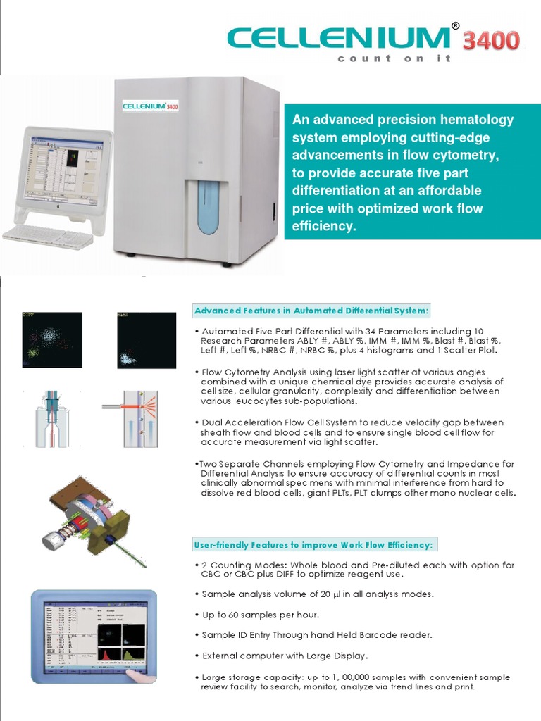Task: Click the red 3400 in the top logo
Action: click(x=491, y=41)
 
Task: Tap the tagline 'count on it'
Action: click(x=394, y=58)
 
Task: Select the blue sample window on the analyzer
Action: click(x=208, y=206)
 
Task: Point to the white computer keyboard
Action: click(x=48, y=236)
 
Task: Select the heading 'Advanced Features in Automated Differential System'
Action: click(x=311, y=311)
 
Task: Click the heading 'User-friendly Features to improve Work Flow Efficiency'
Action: click(x=313, y=545)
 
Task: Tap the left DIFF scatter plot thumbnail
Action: click(x=51, y=340)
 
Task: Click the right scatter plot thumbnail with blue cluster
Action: click(x=146, y=340)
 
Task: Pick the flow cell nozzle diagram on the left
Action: click(x=52, y=418)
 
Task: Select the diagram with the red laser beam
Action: click(x=139, y=418)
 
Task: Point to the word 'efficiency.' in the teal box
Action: click(x=325, y=226)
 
